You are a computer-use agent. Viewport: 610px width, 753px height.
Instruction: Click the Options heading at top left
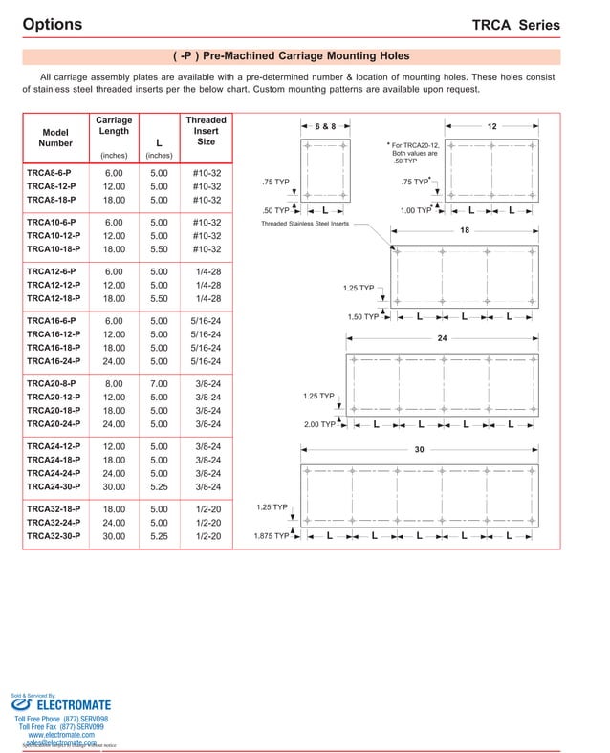52,25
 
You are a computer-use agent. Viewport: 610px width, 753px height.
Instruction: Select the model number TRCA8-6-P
51,173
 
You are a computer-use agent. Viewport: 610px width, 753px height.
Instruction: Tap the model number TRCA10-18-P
54,248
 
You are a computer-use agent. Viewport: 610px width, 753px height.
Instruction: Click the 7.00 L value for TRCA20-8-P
159,384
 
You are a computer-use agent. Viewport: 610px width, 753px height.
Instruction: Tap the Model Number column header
55,138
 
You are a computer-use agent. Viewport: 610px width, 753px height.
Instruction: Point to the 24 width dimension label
442,339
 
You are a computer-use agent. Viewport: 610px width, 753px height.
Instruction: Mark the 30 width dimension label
419,450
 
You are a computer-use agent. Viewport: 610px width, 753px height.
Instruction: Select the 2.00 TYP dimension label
319,424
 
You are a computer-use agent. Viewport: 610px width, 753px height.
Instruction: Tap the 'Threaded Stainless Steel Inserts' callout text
305,224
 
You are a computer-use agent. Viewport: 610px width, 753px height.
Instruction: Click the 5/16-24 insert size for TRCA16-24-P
207,360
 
